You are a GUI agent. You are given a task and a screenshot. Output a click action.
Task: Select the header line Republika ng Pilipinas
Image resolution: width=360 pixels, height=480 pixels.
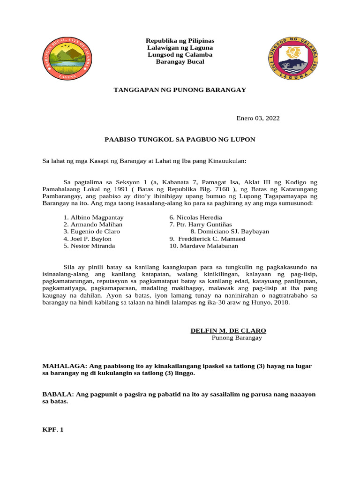pyautogui.click(x=180, y=41)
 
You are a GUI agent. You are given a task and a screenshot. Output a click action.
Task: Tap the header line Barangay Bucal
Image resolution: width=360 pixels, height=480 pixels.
pyautogui.click(x=180, y=62)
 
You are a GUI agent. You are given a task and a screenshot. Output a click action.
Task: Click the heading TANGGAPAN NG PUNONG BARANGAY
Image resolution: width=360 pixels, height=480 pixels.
pyautogui.click(x=180, y=90)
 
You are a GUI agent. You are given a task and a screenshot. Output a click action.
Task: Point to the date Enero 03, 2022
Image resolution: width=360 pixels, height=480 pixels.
pyautogui.click(x=257, y=119)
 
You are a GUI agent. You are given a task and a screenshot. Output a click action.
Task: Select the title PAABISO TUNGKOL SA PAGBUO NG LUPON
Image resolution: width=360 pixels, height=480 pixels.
pyautogui.click(x=180, y=140)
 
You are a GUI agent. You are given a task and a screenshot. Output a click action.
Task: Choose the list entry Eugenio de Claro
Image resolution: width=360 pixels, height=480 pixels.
pyautogui.click(x=92, y=232)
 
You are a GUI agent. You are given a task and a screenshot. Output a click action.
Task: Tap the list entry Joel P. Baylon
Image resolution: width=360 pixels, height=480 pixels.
pyautogui.click(x=88, y=239)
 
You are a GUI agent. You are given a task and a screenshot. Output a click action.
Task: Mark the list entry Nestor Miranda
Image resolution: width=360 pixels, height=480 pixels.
pyautogui.click(x=89, y=246)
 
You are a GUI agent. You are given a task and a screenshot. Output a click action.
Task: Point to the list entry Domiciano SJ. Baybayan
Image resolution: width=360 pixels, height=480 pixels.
pyautogui.click(x=230, y=232)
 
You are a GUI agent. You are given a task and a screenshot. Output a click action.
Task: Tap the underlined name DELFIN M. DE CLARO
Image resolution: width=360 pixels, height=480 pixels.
pyautogui.click(x=228, y=330)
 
